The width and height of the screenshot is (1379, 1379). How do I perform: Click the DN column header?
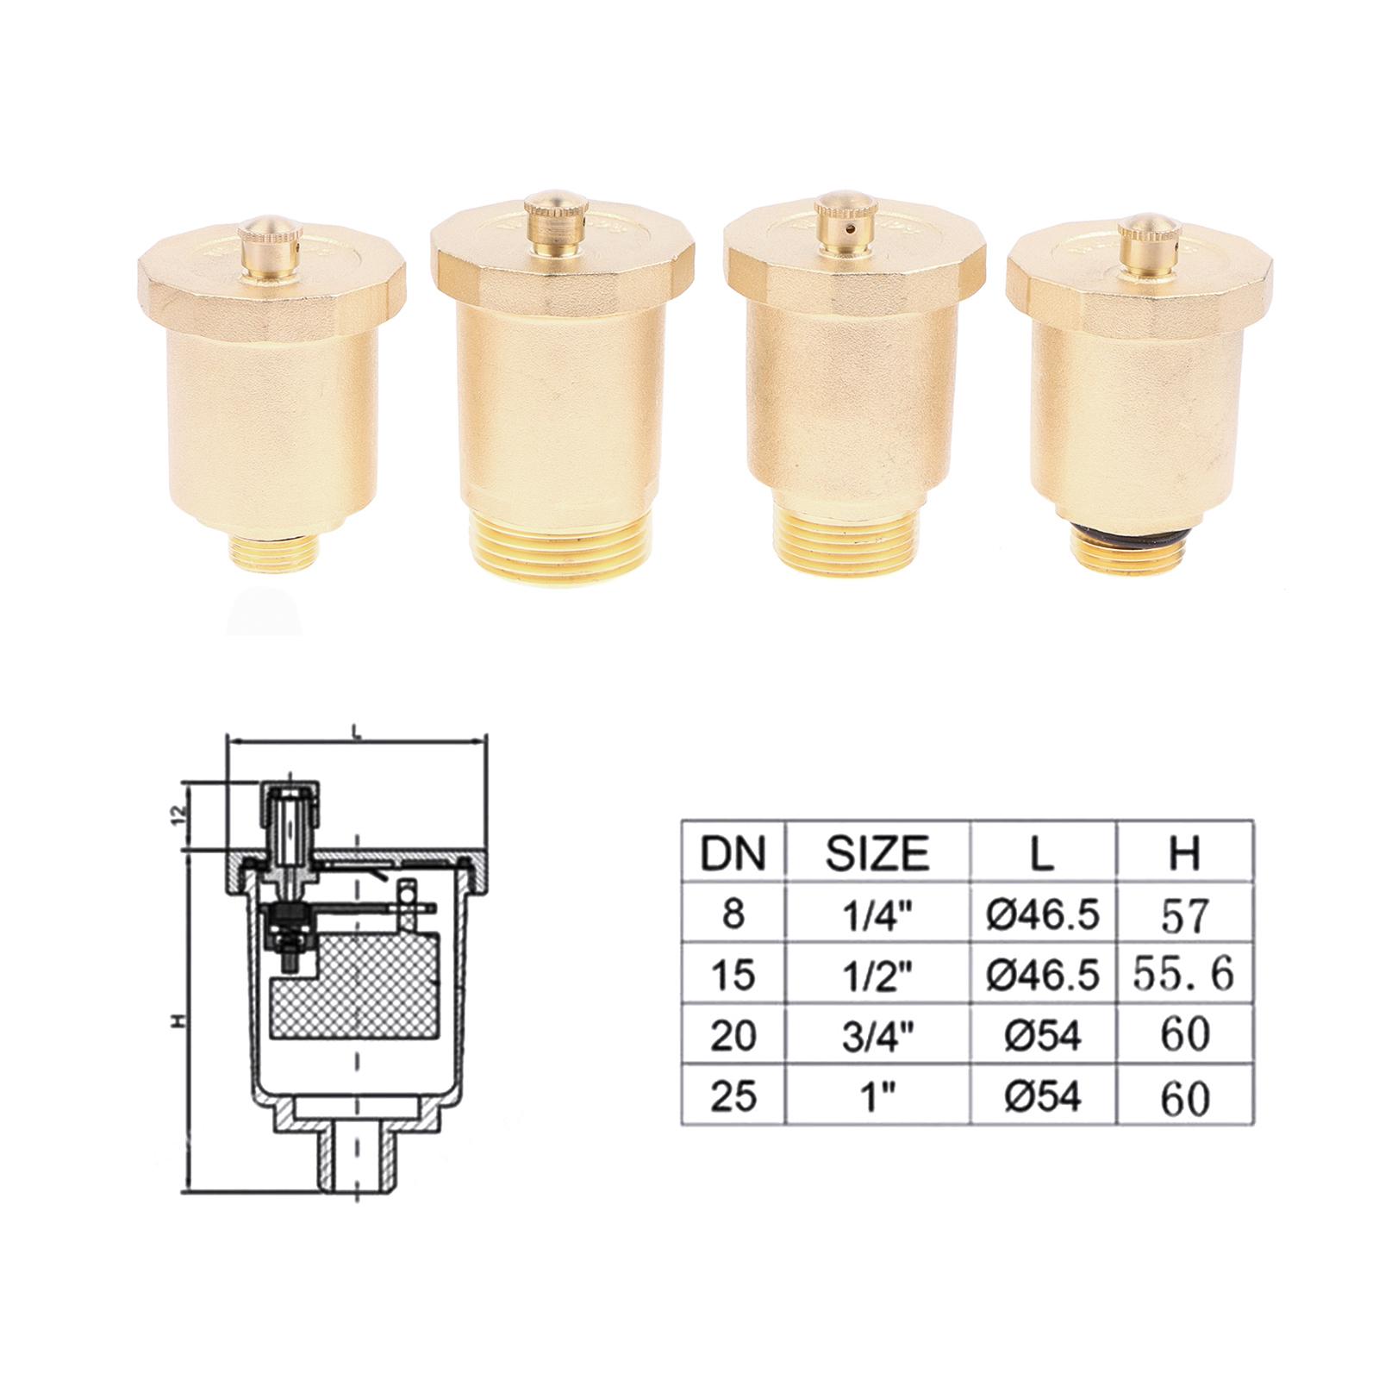(732, 852)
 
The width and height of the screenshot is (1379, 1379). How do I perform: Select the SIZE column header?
(877, 852)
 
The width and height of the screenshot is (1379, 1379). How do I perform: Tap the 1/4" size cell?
(877, 914)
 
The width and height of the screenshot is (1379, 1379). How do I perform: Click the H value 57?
(1185, 914)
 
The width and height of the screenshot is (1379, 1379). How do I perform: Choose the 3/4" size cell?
(877, 1034)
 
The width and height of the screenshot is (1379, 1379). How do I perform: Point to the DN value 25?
(732, 1095)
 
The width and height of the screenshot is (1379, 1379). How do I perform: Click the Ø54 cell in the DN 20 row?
(1043, 1034)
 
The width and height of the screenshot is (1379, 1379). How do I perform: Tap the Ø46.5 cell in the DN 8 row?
(1043, 914)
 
